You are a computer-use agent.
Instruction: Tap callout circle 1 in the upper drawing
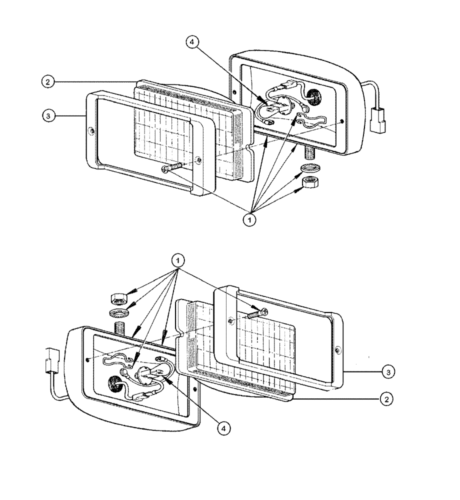coord(248,219)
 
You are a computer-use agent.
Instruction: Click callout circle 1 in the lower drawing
coord(177,260)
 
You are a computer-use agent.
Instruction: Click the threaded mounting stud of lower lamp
coord(120,329)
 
